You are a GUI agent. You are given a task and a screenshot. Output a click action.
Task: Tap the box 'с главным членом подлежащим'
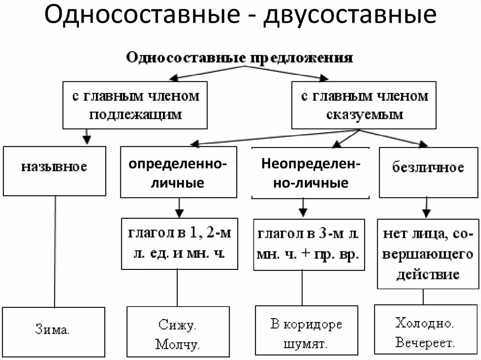[x=135, y=105]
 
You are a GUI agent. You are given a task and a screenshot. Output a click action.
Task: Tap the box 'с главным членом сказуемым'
[x=364, y=105]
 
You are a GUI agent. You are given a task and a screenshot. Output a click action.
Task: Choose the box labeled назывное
[x=54, y=171]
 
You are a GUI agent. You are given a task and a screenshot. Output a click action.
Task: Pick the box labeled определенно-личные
[x=178, y=172]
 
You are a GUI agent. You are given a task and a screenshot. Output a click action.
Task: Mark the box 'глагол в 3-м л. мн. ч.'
[x=309, y=244]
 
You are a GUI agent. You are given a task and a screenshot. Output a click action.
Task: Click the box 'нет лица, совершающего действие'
[x=427, y=254]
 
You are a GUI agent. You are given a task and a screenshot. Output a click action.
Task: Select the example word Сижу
[x=177, y=325]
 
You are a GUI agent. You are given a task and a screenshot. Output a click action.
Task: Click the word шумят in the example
[x=306, y=344]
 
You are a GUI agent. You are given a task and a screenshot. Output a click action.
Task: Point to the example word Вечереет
[x=425, y=343]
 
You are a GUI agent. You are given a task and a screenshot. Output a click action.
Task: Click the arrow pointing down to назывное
[x=86, y=136]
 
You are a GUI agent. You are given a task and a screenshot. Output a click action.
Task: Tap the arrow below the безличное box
[x=426, y=207]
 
